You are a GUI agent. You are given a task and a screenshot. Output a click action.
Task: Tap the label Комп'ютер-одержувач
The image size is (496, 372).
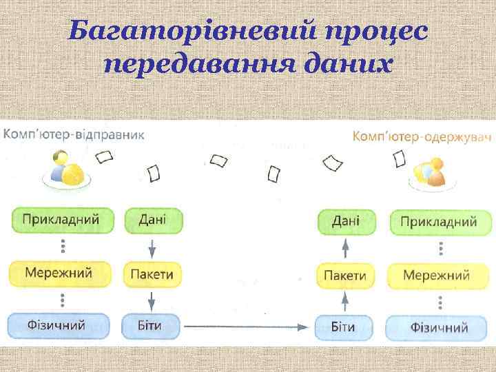[x=422, y=137]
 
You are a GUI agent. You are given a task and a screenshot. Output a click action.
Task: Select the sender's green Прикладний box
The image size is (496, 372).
[x=61, y=220]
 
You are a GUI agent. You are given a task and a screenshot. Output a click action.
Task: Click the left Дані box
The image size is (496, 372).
[x=152, y=220]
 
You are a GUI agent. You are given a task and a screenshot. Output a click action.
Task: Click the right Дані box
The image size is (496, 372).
[x=345, y=222]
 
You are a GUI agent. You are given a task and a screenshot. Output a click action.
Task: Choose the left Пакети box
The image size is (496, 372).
[x=152, y=274]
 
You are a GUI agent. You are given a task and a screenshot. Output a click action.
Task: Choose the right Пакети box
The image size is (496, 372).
[x=345, y=276]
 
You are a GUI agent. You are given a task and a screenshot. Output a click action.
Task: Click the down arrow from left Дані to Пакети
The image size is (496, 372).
[x=152, y=247]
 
